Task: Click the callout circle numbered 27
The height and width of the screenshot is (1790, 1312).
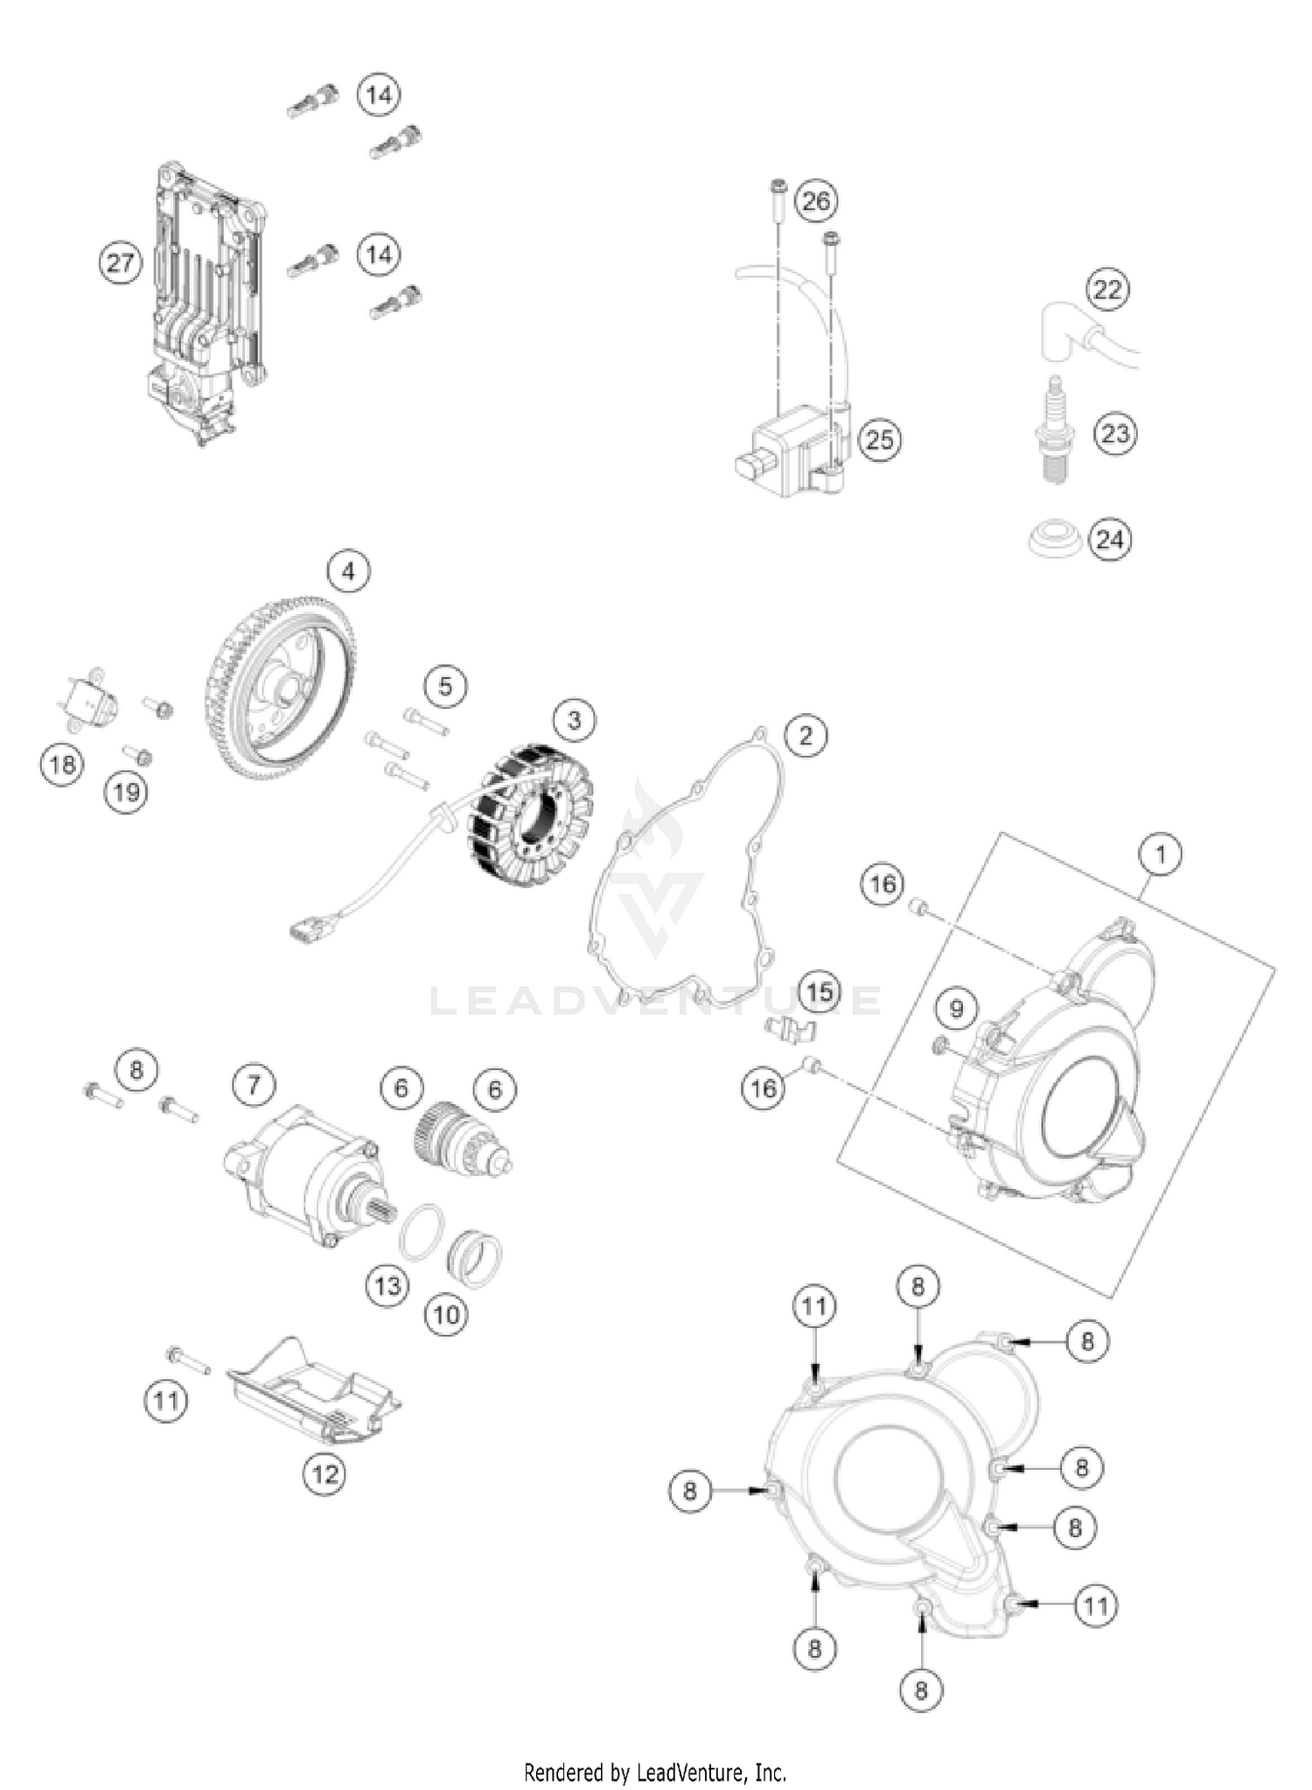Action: [120, 262]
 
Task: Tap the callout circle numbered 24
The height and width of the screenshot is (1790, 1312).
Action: [1109, 539]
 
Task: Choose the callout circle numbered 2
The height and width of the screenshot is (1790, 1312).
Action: [805, 735]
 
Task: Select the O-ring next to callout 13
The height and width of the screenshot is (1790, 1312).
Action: [420, 1231]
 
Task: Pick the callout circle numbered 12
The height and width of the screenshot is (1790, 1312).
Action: [325, 1474]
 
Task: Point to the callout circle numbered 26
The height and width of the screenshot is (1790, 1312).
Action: [815, 201]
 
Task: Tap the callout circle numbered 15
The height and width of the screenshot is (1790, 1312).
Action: [819, 992]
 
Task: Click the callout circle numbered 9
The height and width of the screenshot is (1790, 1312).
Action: [956, 1009]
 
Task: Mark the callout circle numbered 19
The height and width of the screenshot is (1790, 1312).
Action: [126, 793]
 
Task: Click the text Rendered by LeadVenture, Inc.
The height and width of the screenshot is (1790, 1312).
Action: [655, 1773]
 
